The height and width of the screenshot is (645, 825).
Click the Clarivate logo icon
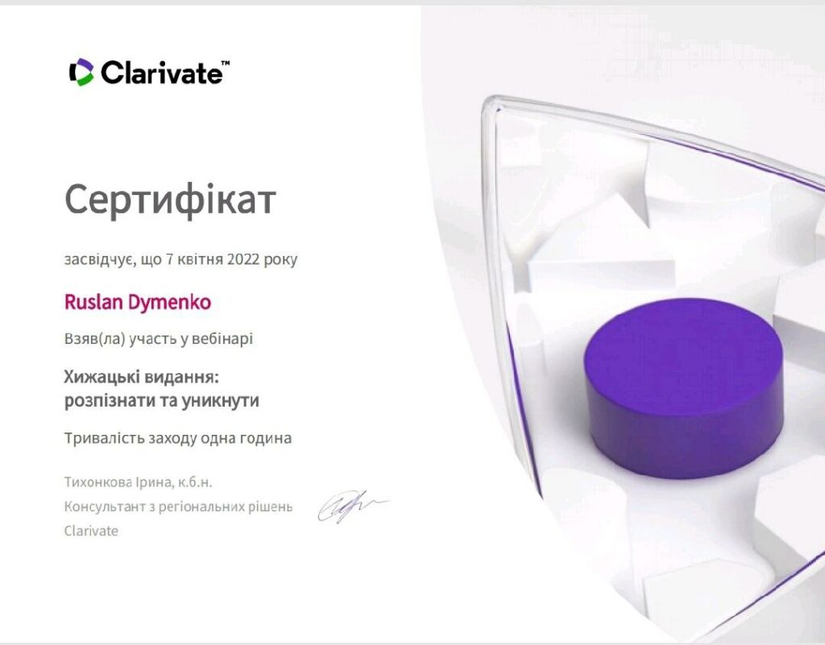tap(81, 72)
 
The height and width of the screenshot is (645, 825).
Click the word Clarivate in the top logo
tap(161, 72)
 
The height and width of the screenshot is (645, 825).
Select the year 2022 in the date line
tap(243, 259)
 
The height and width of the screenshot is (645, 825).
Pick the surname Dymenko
tap(169, 303)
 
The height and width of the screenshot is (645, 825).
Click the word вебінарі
tap(222, 338)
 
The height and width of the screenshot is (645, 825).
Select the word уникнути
tap(221, 401)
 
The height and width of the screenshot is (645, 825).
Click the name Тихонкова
tap(97, 482)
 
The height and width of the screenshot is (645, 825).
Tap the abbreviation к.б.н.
tap(195, 482)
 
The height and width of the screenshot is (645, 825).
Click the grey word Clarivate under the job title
tap(91, 531)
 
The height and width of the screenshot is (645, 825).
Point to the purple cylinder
tap(684, 391)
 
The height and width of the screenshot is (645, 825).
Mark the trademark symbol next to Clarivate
tap(226, 63)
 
